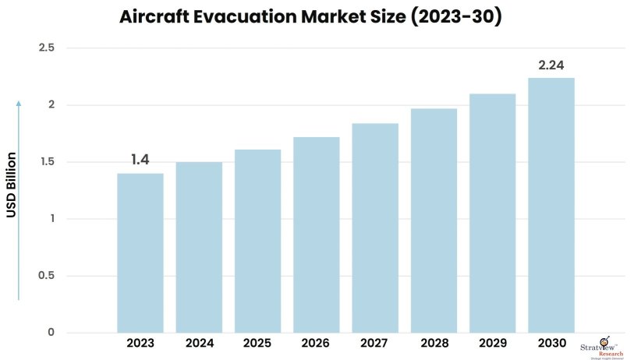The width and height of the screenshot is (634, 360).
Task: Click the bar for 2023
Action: point(140,252)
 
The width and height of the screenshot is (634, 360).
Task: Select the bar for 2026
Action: point(316,235)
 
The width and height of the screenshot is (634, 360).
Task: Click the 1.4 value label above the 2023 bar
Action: point(140,160)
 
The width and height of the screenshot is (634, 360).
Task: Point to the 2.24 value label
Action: point(551,65)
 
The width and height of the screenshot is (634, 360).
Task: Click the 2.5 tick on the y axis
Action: point(46,48)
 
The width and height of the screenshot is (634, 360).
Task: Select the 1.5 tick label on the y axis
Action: point(46,162)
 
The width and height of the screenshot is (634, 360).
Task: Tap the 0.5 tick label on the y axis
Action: point(46,276)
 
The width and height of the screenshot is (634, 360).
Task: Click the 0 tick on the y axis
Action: point(51,333)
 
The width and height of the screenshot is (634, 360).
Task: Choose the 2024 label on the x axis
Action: point(199,344)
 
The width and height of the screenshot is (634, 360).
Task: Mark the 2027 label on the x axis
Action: point(375,344)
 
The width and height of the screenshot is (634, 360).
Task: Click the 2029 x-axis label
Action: point(492,344)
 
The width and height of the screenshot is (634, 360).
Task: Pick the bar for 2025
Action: point(257,241)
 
